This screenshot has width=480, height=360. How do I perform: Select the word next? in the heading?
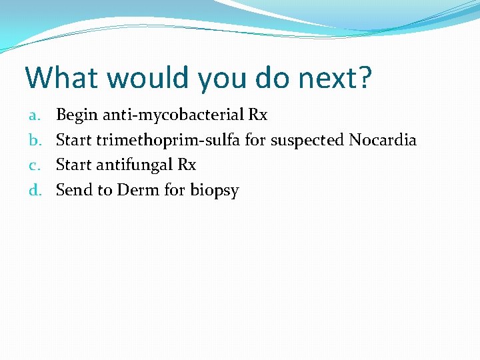tap(335, 78)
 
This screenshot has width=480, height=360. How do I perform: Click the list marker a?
tap(35, 115)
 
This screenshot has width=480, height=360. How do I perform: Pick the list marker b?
tap(35, 140)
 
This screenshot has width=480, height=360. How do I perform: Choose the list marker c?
tap(35, 165)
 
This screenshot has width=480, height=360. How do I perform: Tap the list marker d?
tap(35, 190)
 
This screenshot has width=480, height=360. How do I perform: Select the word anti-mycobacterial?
tap(170, 115)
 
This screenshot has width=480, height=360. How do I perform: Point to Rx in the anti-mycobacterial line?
tap(258, 115)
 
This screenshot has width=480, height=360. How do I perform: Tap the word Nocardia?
tap(383, 140)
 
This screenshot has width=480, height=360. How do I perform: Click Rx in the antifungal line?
tap(187, 165)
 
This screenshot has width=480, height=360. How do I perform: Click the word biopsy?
tap(214, 191)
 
